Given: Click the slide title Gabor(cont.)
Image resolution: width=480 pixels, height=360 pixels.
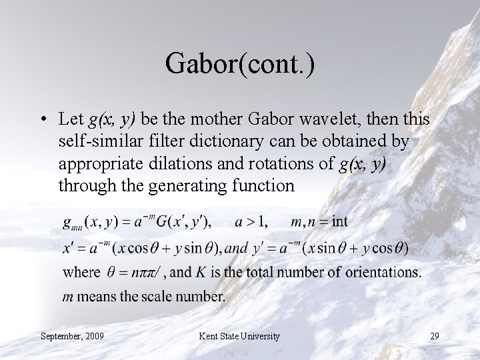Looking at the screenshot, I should coord(240,65).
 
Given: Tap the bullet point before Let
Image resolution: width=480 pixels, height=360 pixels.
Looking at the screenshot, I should coord(42,120).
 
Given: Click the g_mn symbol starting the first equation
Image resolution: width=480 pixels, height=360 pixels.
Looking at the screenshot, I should coord(72,221).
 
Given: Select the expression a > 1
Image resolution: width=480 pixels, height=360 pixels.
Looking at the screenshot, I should coord(250,221).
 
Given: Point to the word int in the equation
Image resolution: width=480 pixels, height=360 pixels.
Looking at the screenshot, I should coord(339,221).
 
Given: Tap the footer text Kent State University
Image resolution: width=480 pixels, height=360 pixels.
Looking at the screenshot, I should coord(240,336).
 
